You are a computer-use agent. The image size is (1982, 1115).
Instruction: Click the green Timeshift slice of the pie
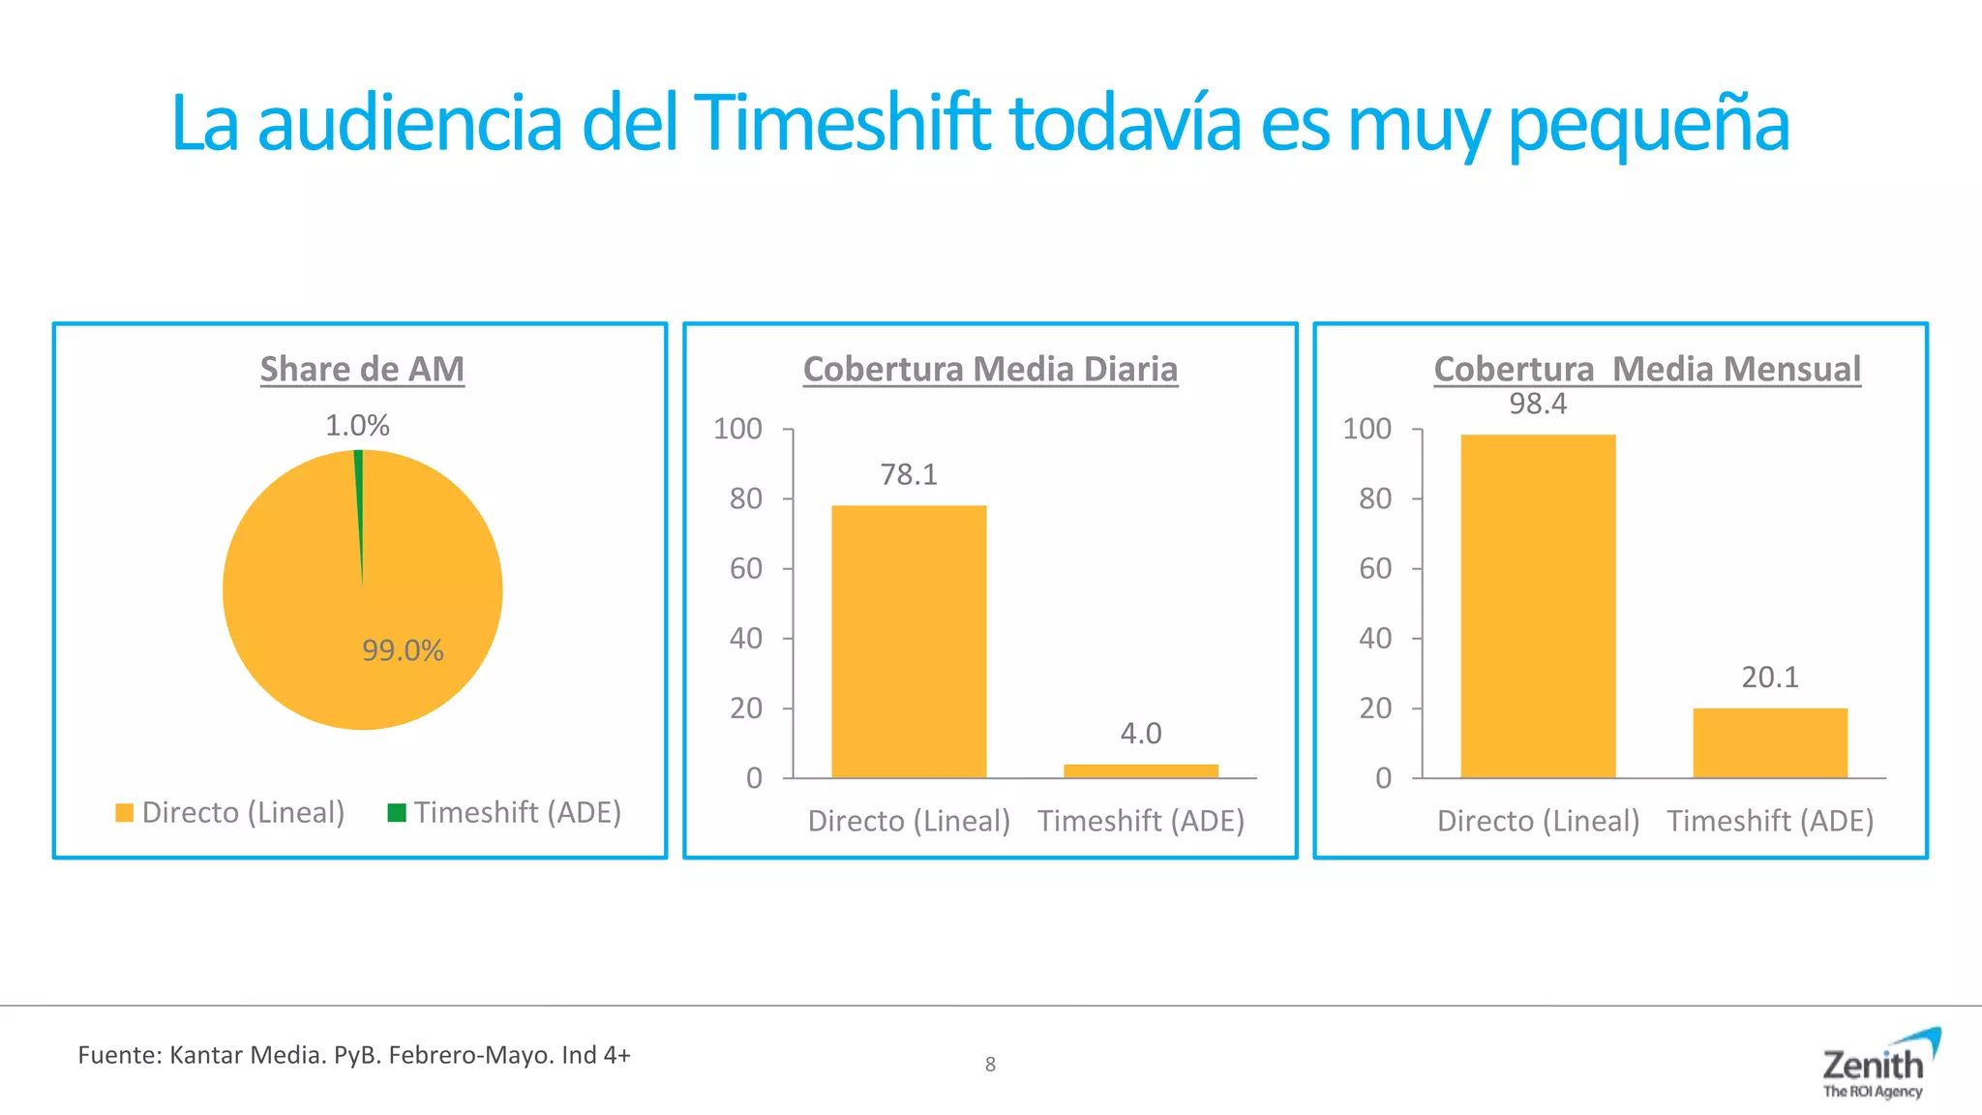click(x=359, y=484)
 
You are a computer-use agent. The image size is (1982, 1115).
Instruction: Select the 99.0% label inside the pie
click(x=403, y=650)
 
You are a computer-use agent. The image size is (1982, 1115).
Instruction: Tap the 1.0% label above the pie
click(x=357, y=426)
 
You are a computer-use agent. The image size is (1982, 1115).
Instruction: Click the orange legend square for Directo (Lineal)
click(x=124, y=813)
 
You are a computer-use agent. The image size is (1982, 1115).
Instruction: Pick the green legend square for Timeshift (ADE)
click(x=396, y=813)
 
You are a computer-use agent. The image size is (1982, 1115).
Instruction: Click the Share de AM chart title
click(x=362, y=370)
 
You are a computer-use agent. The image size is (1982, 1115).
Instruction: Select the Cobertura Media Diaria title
click(x=990, y=370)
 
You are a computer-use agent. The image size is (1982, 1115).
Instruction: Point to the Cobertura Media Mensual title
click(x=1647, y=370)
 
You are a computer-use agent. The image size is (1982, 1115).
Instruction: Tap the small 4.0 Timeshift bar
click(x=1141, y=771)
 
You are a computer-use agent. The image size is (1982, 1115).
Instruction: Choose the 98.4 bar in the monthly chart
click(x=1538, y=606)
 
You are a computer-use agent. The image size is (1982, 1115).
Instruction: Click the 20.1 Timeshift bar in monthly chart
click(x=1770, y=742)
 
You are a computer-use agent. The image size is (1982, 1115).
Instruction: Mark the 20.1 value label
click(x=1770, y=678)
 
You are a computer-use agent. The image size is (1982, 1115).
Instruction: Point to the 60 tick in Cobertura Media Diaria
click(x=746, y=568)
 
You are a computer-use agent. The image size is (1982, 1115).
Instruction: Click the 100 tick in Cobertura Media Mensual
click(x=1366, y=429)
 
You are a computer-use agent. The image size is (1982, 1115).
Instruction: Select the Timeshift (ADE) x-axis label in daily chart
click(x=1141, y=822)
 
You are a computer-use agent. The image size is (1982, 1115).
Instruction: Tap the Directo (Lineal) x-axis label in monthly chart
click(x=1538, y=822)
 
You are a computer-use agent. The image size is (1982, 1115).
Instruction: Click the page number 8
click(x=990, y=1065)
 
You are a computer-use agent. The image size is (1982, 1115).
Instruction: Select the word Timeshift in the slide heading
click(x=843, y=124)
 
